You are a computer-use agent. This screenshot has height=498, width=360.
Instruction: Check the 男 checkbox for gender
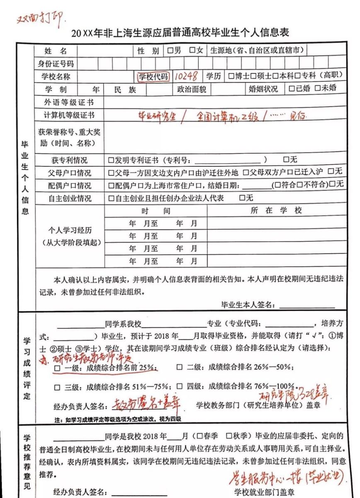pyautogui.click(x=170, y=51)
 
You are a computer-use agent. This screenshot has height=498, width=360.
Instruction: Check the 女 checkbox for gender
pyautogui.click(x=192, y=51)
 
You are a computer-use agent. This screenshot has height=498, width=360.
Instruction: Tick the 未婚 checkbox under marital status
pyautogui.click(x=317, y=88)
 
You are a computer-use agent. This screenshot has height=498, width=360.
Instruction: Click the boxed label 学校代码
pyautogui.click(x=153, y=77)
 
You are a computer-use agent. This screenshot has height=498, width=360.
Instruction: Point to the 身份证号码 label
pyautogui.click(x=56, y=64)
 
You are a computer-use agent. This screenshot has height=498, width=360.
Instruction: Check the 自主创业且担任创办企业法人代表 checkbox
pyautogui.click(x=111, y=198)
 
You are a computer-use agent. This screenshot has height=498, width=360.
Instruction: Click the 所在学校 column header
pyautogui.click(x=277, y=211)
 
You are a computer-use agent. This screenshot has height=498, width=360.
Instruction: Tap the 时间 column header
pyautogui.click(x=156, y=211)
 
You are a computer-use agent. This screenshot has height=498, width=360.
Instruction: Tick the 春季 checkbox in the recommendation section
pyautogui.click(x=200, y=436)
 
